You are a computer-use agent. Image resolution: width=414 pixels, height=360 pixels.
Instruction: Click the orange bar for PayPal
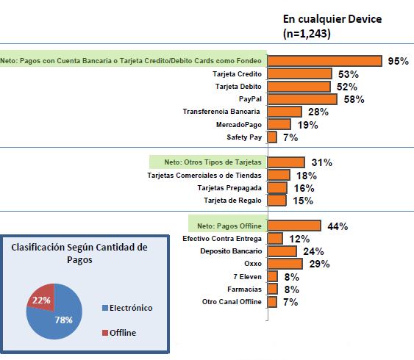302,99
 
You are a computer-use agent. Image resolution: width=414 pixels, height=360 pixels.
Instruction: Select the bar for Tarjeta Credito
300,74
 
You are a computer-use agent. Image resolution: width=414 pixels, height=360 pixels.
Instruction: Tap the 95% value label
398,61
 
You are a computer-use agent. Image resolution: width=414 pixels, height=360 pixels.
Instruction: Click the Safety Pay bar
272,137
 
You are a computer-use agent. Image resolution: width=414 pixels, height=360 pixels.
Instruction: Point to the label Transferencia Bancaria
221,112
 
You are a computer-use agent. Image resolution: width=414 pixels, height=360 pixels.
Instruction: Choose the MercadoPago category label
239,124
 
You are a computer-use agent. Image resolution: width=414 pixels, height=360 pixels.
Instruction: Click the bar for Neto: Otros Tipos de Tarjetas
286,162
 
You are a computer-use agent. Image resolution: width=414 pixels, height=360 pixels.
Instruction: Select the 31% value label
322,162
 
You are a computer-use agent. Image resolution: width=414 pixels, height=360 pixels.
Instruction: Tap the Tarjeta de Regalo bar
277,201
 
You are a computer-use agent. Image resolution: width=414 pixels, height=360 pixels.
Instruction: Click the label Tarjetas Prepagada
229,188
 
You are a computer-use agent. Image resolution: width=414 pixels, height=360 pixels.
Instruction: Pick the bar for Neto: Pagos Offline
294,226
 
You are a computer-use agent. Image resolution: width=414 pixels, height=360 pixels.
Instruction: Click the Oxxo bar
285,264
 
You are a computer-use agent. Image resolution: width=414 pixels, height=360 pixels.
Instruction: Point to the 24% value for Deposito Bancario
313,251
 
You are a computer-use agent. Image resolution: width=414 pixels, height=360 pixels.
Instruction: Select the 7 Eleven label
247,277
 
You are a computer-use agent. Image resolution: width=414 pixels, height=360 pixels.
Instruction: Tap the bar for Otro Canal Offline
272,302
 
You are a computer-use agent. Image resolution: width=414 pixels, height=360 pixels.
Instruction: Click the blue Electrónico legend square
105,308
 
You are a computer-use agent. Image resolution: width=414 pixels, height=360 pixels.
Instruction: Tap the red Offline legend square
105,333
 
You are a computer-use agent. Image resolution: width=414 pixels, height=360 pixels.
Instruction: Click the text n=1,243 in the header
307,34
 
